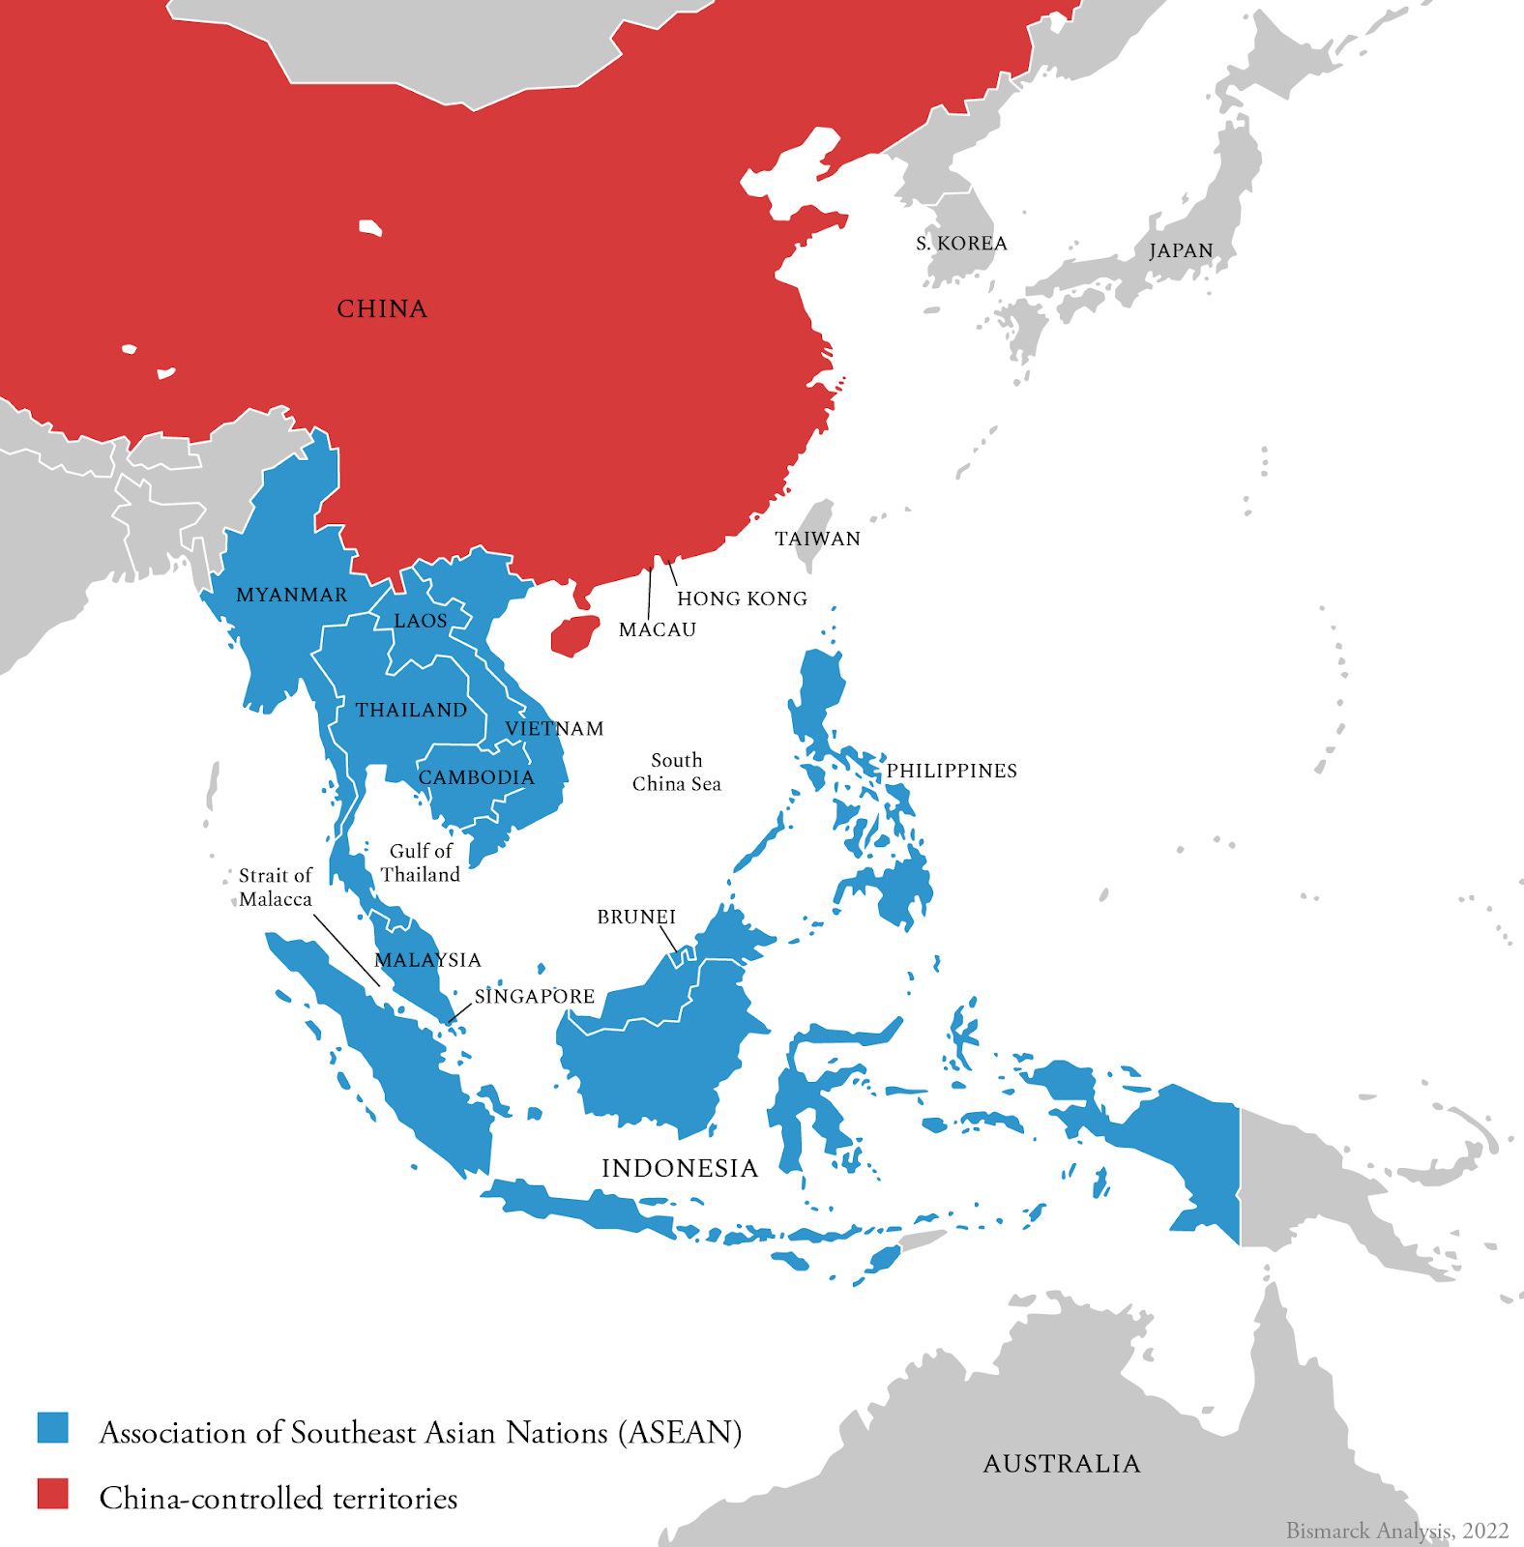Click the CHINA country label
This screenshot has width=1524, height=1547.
pos(381,308)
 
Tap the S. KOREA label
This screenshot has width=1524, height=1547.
pos(961,244)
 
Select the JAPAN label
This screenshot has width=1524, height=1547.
pos(1181,250)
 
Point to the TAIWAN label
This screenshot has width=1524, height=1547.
pos(817,539)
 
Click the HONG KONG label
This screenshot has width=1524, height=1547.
pos(742,598)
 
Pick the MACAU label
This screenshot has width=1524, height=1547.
pos(658,629)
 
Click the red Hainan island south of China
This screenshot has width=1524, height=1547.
pos(574,635)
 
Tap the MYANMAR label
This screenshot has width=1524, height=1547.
pos(291,595)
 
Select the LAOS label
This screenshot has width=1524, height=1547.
pos(421,621)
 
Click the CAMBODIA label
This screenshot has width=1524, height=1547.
pos(476,777)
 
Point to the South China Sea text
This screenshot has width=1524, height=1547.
pos(677,772)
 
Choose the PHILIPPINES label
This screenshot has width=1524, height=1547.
pos(952,771)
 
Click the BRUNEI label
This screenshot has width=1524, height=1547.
pos(636,917)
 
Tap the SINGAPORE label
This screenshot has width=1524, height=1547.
pos(535,996)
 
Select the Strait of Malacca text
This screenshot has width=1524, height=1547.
pos(276,887)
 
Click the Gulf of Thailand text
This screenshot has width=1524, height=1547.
pos(421,862)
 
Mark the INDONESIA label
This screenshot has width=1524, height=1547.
pos(680,1168)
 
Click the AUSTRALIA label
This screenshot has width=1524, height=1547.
pos(1062,1464)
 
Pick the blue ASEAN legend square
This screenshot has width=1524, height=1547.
pos(53,1428)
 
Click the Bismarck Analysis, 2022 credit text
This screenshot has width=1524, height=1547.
pos(1396,1531)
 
